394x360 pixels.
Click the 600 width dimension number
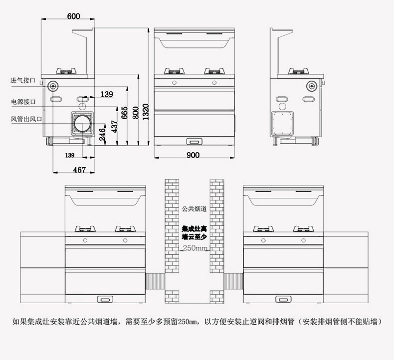point(73,16)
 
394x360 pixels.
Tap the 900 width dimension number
point(193,155)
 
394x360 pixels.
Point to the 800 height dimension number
point(135,113)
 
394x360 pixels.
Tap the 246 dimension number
point(102,134)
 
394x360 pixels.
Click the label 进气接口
point(23,80)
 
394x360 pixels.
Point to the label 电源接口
point(23,101)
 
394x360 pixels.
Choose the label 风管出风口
point(26,119)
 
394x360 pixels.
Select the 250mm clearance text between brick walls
point(195,248)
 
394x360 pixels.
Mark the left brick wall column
point(172,239)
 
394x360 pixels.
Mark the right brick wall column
point(217,239)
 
